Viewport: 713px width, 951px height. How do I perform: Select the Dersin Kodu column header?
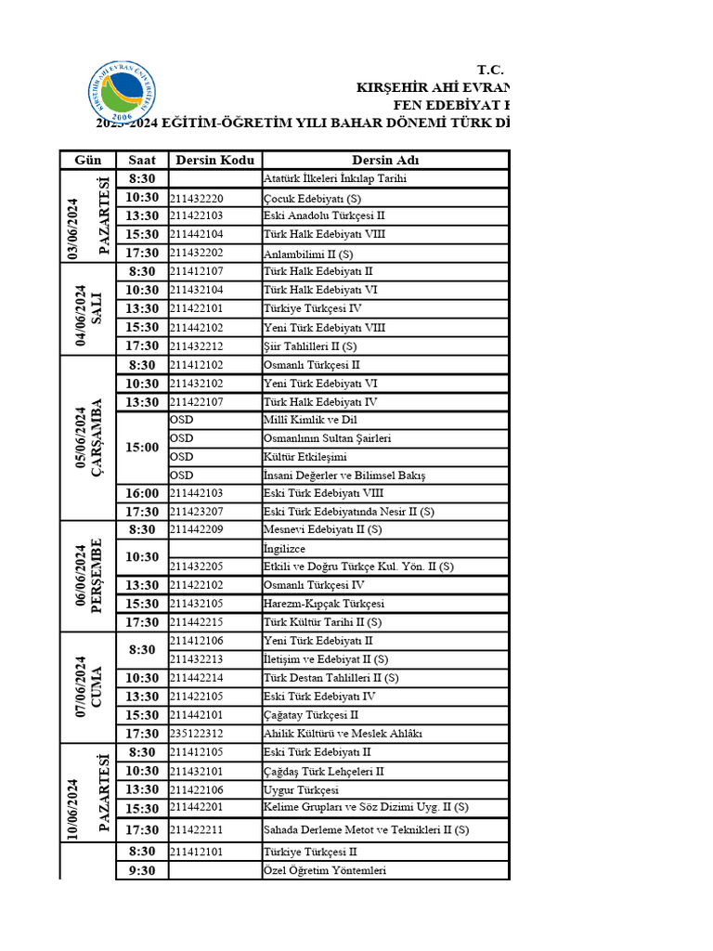pos(215,160)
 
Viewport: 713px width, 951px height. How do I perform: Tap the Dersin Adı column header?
pos(385,160)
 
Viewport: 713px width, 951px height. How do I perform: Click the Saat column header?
pos(142,160)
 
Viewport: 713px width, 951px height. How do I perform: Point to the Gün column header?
pos(87,160)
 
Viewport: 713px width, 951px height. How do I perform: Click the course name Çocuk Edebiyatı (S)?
pos(313,198)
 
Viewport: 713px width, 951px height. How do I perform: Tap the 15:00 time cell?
pos(142,448)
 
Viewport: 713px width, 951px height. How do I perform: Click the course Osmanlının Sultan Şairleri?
pos(328,438)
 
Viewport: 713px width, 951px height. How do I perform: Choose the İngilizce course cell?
pos(285,549)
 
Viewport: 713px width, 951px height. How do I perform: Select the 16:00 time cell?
pos(142,493)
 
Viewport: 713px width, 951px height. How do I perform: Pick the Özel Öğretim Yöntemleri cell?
pos(324,870)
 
